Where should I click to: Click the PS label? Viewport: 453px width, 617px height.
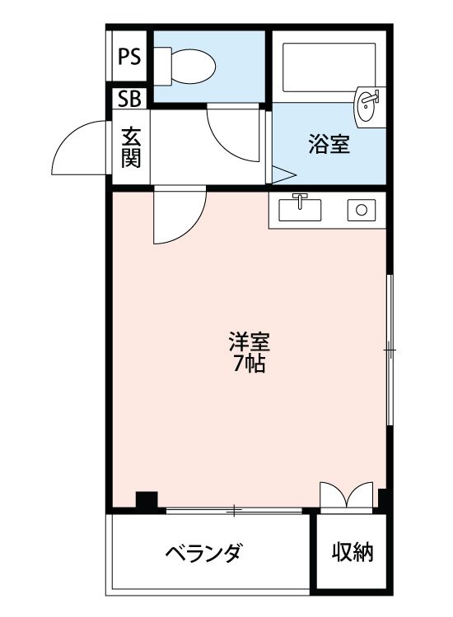pyautogui.click(x=128, y=57)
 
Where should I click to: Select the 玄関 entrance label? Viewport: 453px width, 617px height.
pyautogui.click(x=130, y=147)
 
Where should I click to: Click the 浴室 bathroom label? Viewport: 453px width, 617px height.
pyautogui.click(x=329, y=146)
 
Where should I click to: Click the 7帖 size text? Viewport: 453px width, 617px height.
pyautogui.click(x=249, y=364)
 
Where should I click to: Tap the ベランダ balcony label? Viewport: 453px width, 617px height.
pyautogui.click(x=202, y=551)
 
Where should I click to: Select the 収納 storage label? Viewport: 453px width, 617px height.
pyautogui.click(x=353, y=551)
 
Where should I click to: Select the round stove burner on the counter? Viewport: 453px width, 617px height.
pyautogui.click(x=360, y=210)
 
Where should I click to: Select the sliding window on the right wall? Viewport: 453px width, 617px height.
pyautogui.click(x=390, y=350)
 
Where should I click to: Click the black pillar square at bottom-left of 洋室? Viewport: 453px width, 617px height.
pyautogui.click(x=147, y=499)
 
